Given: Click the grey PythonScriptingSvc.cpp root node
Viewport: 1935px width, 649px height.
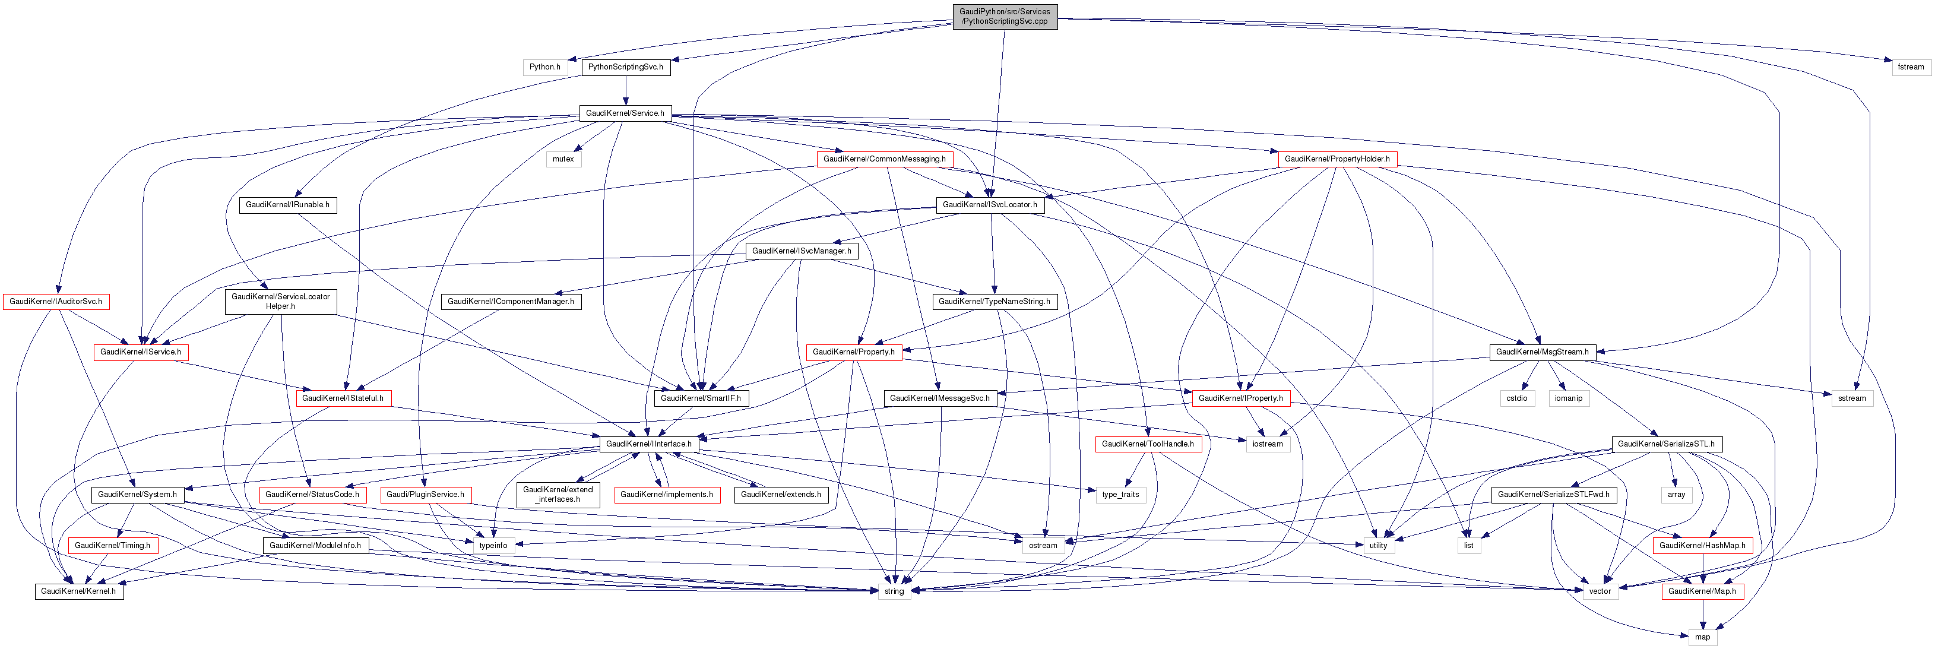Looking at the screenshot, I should pyautogui.click(x=1004, y=17).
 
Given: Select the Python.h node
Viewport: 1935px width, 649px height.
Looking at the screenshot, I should pyautogui.click(x=544, y=67).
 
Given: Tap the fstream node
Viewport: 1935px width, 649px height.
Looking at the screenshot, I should pyautogui.click(x=1910, y=67).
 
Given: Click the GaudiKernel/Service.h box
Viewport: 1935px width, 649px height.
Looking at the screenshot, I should pyautogui.click(x=625, y=113).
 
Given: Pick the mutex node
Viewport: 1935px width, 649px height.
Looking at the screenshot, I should pyautogui.click(x=563, y=159).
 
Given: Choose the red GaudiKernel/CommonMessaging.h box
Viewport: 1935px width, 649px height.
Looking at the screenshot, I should pyautogui.click(x=884, y=159).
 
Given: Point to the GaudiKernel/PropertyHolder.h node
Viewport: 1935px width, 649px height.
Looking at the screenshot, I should pyautogui.click(x=1337, y=159).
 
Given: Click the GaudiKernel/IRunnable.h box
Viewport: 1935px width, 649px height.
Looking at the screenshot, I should pyautogui.click(x=288, y=205).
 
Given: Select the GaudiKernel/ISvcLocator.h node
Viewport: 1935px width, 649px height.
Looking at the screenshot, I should pyautogui.click(x=989, y=205).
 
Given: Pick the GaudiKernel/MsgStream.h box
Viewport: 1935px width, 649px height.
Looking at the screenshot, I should pyautogui.click(x=1542, y=352).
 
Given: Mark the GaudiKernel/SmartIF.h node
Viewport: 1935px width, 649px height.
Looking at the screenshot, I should pyautogui.click(x=701, y=398).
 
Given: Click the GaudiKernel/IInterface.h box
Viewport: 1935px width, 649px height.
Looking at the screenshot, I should pyautogui.click(x=649, y=444).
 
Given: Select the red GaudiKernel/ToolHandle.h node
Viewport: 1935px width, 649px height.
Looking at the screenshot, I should pyautogui.click(x=1148, y=444).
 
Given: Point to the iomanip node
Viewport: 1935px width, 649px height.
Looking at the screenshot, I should pyautogui.click(x=1569, y=398).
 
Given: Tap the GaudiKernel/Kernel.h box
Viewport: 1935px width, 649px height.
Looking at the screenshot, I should pyautogui.click(x=78, y=592).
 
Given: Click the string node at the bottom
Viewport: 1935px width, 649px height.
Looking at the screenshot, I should pyautogui.click(x=894, y=592).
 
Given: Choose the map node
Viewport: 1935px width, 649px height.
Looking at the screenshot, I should pyautogui.click(x=1702, y=637).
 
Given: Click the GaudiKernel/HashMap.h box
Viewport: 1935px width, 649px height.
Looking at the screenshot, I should pyautogui.click(x=1702, y=545).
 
